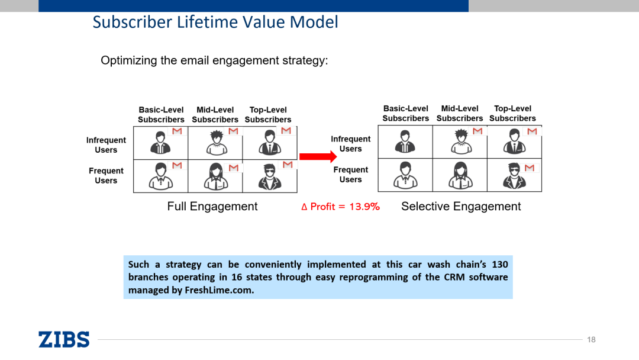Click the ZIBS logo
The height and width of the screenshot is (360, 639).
[64, 339]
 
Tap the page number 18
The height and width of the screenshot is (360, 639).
[591, 339]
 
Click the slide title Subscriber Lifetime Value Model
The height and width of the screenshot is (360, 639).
[215, 22]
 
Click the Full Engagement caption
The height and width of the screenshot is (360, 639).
[212, 206]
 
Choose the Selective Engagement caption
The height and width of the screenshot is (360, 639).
[461, 206]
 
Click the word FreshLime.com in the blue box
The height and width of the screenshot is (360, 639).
[219, 290]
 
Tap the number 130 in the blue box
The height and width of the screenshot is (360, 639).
[499, 264]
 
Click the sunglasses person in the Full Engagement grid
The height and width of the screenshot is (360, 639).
[270, 176]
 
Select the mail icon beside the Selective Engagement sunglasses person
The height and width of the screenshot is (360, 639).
[530, 168]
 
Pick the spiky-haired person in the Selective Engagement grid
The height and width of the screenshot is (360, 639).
[460, 143]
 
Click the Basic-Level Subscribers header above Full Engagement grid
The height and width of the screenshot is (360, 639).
[161, 115]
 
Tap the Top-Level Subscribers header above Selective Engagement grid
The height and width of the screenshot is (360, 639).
[512, 114]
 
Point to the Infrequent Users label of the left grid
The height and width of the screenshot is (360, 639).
[106, 145]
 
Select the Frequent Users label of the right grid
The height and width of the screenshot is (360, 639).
[350, 175]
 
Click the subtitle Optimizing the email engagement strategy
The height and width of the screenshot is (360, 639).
[214, 60]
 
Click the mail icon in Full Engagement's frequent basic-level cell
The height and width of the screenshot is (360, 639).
[177, 165]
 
